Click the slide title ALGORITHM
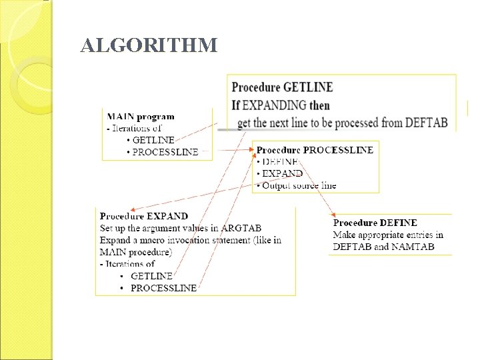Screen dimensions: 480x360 [149, 45]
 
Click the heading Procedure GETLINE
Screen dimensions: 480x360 [282, 87]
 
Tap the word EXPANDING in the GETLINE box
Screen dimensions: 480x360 [274, 105]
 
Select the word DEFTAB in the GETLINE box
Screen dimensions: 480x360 [425, 123]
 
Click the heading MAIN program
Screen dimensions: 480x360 [141, 117]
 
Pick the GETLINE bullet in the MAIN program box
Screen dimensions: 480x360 [153, 140]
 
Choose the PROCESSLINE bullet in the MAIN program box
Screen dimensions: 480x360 [165, 152]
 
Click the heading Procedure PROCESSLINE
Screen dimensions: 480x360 [315, 150]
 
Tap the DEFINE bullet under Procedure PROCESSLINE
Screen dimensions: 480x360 [280, 161]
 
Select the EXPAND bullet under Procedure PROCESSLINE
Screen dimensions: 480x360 [282, 173]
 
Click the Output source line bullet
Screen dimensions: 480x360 [299, 185]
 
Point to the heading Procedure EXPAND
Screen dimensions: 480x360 [144, 216]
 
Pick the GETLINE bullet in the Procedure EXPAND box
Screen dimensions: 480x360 [151, 276]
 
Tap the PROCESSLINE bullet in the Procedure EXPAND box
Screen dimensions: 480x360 [163, 288]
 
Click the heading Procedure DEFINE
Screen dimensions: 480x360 [375, 223]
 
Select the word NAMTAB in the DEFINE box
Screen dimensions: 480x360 [414, 247]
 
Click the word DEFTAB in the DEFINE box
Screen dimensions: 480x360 [351, 247]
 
